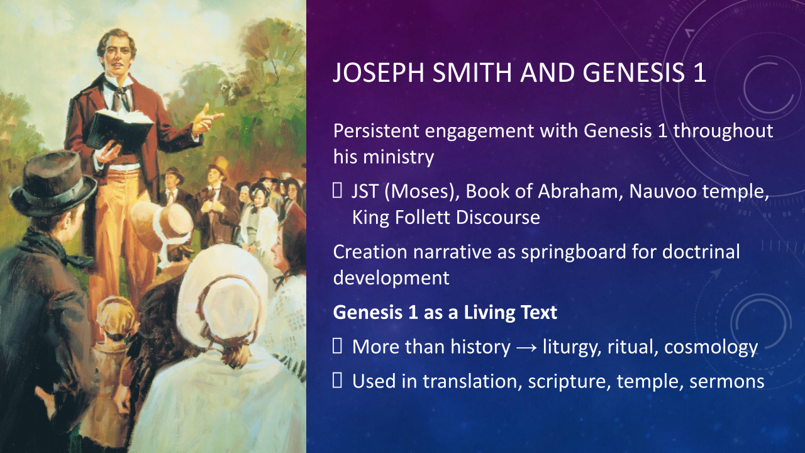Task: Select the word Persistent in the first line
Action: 376,130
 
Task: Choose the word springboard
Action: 574,252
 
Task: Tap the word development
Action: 391,278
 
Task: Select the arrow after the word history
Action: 526,348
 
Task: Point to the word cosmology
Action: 711,347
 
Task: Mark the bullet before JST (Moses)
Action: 337,191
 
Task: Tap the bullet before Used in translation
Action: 337,381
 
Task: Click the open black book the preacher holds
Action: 119,130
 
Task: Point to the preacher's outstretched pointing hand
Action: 208,120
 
